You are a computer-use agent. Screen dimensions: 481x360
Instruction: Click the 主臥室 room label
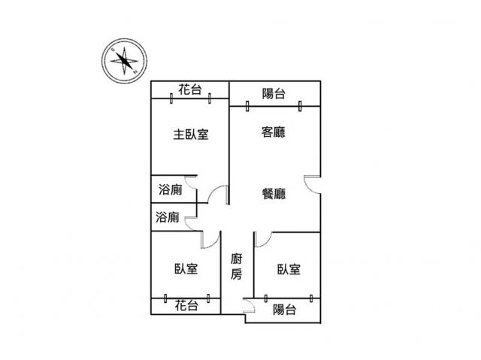point(191,135)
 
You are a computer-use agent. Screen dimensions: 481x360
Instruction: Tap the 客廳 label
point(274,132)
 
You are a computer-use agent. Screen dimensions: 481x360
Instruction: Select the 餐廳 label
point(274,194)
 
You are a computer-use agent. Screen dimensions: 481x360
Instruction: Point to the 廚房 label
point(237,267)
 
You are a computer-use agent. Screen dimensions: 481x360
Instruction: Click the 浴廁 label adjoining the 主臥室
point(171,189)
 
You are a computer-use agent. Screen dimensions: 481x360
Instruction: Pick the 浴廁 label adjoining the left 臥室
point(167,217)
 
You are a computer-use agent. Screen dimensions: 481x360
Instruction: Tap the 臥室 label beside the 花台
point(186,269)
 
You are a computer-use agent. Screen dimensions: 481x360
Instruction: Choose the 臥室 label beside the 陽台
point(289,269)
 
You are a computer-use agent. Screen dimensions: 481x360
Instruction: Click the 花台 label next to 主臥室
point(190,89)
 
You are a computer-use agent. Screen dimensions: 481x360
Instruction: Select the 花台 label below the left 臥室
point(186,305)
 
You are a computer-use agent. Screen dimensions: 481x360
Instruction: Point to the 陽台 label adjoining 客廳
point(274,93)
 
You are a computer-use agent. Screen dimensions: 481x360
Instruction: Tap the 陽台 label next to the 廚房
point(284,310)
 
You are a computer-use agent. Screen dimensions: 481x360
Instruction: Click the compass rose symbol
point(124,61)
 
